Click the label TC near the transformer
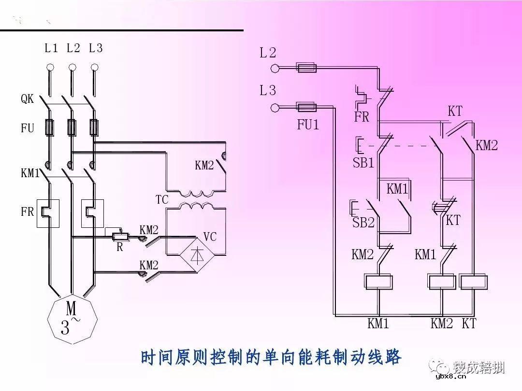coord(161,199)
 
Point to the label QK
coord(27,99)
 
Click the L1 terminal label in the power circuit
coord(51,48)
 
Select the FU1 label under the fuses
coord(308,125)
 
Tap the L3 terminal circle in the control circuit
coord(275,107)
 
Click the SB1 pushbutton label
coord(363,163)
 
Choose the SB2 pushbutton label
coord(363,223)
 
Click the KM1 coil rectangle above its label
coord(378,281)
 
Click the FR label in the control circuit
coord(362,117)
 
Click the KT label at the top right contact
coord(455,112)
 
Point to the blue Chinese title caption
coord(271,358)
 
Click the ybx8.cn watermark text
coord(450,377)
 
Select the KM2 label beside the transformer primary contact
coord(204,166)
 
